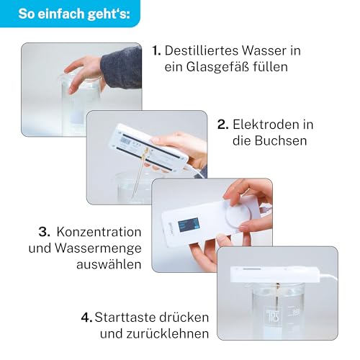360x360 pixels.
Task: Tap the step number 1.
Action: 156,51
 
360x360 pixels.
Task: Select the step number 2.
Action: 222,125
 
